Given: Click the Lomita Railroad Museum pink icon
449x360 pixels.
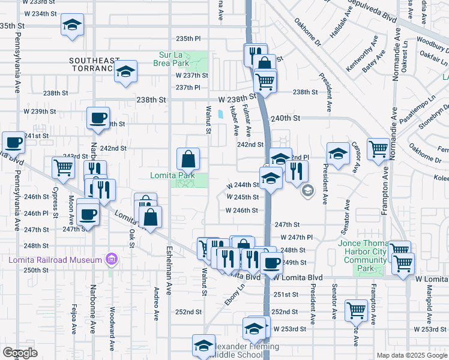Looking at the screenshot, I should coord(110,259).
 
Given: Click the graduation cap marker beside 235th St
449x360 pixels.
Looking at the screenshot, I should coord(72,25).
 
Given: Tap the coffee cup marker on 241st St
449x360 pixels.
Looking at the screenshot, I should coord(13,143).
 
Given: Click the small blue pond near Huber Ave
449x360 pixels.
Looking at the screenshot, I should coord(221,113).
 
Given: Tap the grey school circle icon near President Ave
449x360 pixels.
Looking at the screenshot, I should coord(308,191).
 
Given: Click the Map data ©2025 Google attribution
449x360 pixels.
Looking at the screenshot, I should coord(411,355).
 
